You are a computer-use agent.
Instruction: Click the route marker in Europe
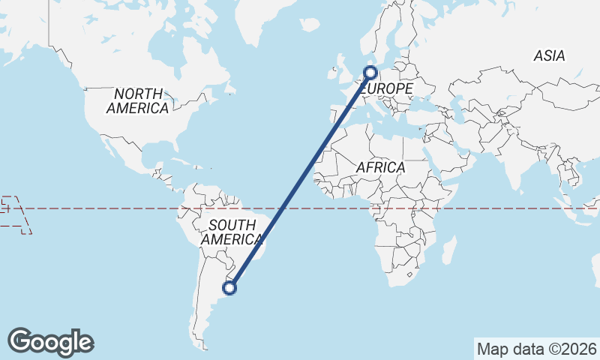(x=370, y=73)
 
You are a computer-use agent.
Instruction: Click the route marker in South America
(x=231, y=287)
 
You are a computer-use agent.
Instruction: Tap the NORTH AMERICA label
(x=137, y=101)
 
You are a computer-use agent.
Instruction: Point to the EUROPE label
(x=388, y=89)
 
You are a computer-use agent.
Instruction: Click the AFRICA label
(x=380, y=167)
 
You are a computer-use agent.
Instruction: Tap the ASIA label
(x=549, y=55)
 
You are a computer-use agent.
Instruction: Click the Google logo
(x=50, y=342)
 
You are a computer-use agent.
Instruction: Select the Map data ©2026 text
(x=537, y=349)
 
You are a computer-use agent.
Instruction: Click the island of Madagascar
(x=448, y=250)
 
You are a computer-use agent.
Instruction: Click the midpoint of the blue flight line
(x=300, y=180)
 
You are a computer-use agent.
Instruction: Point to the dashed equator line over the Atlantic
(x=315, y=208)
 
